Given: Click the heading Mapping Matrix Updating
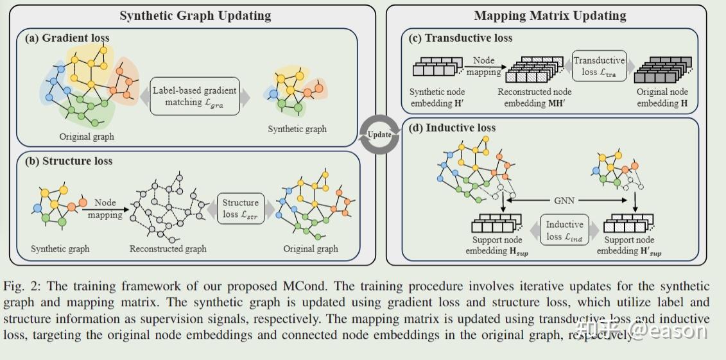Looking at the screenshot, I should pos(549,15).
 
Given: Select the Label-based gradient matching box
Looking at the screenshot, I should pos(194,96).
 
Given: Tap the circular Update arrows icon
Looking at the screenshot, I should pos(379,134).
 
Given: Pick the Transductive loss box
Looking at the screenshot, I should pos(599,66).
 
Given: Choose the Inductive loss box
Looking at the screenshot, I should pos(564,230).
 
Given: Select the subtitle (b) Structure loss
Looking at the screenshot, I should pos(68,161).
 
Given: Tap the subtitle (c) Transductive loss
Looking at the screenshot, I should pos(461,38).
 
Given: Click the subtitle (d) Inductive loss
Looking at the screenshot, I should pos(453,128).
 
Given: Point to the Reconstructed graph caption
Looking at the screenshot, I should pos(168,249).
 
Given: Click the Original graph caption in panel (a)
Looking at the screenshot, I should pos(87,137).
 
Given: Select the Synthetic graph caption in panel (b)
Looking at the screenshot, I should pos(60,249).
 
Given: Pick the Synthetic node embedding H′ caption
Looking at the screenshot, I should pos(438,97).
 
